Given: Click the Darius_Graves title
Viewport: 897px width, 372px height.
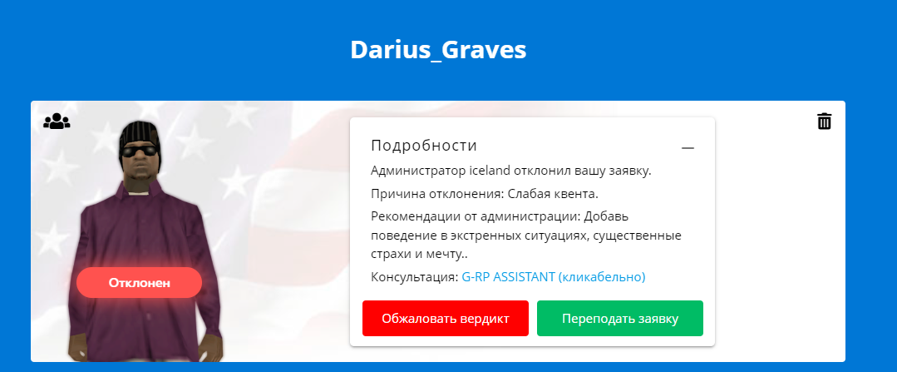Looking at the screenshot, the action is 438,50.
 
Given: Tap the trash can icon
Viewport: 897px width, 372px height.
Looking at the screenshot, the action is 825,122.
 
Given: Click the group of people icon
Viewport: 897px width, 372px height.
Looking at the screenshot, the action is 57,121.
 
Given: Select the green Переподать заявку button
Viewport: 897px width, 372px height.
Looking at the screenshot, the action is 620,318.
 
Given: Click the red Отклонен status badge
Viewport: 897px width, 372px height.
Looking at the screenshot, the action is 139,283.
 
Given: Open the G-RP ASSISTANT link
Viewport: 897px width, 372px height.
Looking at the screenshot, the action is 553,277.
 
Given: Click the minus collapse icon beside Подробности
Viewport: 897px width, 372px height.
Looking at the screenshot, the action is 688,148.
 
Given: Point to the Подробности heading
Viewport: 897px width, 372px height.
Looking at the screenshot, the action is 424,146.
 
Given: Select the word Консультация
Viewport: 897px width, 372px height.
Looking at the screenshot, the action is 415,278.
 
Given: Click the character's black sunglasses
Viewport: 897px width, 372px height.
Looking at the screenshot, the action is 140,151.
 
